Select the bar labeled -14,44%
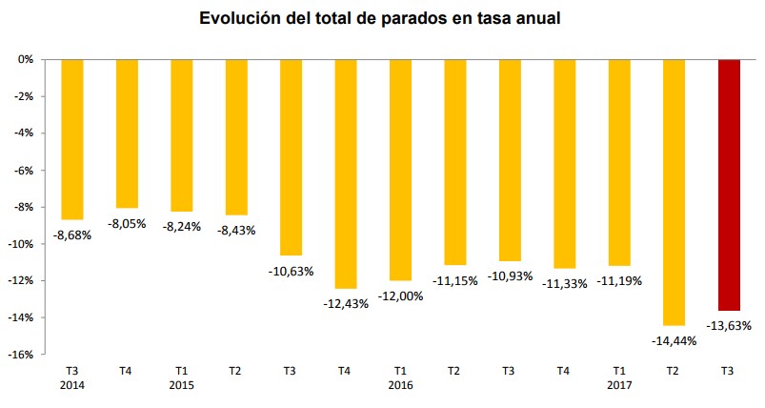click(x=674, y=192)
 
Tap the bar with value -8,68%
click(x=72, y=139)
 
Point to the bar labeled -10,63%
click(x=291, y=157)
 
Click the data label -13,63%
click(x=729, y=325)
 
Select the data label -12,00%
click(x=401, y=296)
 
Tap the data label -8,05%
click(x=127, y=223)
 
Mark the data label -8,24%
click(x=181, y=226)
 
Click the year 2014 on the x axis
click(x=72, y=385)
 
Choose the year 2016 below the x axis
click(x=401, y=385)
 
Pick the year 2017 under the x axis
click(x=619, y=385)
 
